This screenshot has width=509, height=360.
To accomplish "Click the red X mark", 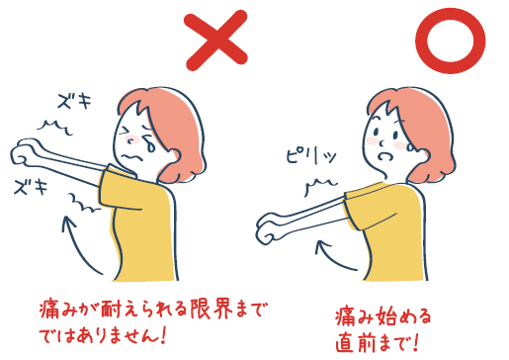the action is (215, 41).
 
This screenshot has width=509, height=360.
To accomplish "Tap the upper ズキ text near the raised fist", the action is (74, 101).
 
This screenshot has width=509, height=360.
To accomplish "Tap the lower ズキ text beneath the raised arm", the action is (31, 186).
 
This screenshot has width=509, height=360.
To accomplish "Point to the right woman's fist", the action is (268, 228).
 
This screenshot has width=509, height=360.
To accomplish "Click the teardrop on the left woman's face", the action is (151, 145).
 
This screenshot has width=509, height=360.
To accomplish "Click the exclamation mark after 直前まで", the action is (415, 342).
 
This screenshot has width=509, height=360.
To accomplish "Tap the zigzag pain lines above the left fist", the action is (54, 128).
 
